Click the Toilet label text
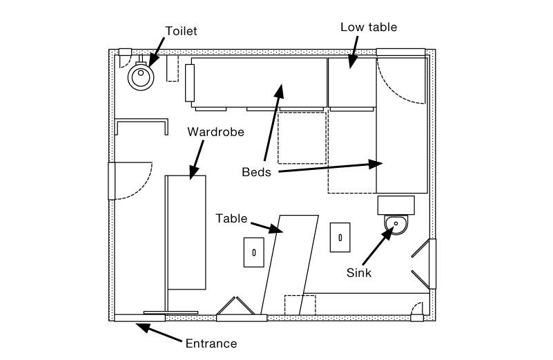181,30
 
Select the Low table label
369,28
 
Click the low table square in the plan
351,82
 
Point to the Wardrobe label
216,132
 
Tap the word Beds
255,172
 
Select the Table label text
231,218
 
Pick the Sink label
359,272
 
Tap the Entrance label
211,343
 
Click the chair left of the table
253,252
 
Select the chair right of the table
340,238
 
